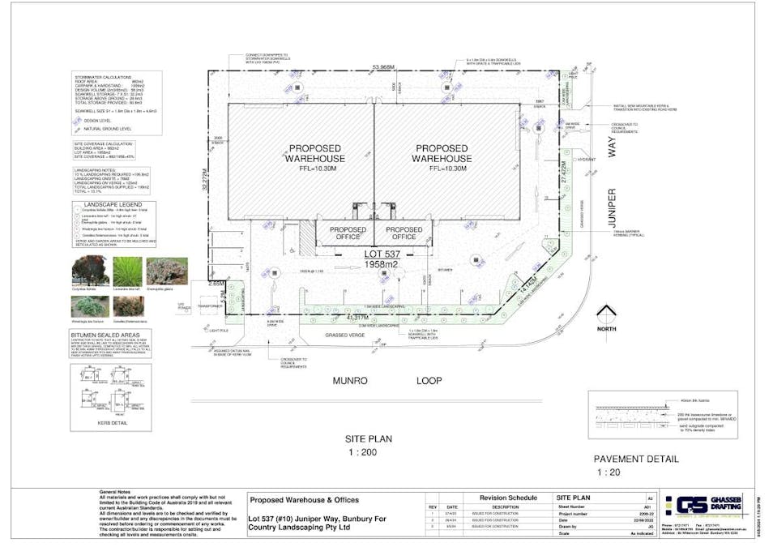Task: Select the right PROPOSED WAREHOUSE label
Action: [443, 153]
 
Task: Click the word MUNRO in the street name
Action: [350, 380]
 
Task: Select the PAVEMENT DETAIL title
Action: [636, 459]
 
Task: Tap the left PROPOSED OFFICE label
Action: [347, 233]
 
